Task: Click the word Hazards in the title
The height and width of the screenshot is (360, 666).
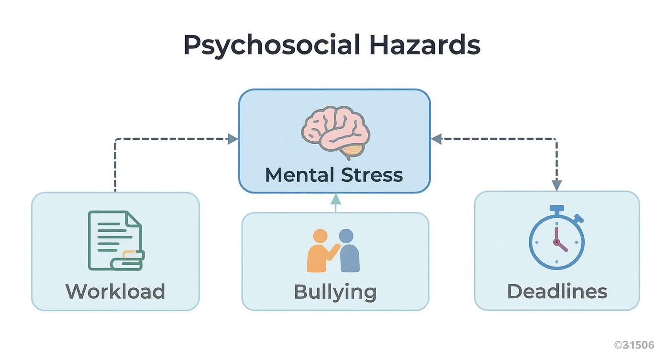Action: tap(425, 45)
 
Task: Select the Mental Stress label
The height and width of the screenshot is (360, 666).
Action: tap(334, 175)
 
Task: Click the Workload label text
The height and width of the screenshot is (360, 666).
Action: tap(115, 292)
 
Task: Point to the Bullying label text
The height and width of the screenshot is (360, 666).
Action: tap(335, 292)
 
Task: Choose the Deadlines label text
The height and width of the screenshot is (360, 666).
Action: tap(557, 292)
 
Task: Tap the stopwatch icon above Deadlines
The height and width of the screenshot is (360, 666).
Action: tap(556, 237)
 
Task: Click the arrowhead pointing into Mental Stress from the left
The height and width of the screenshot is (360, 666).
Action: tap(233, 139)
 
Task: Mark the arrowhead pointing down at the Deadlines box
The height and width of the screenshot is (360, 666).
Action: tap(556, 185)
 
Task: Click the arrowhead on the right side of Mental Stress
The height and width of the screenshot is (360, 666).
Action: tap(436, 139)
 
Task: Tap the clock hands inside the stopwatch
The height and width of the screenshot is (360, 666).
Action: tap(558, 241)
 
